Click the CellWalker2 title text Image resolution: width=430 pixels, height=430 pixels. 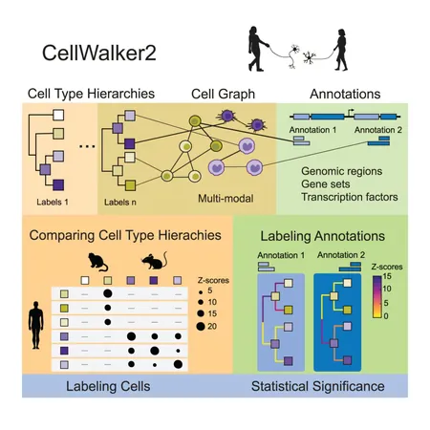tap(99, 53)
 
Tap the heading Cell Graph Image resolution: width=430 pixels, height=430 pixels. tap(223, 95)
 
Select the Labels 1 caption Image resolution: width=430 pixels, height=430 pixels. tap(53, 202)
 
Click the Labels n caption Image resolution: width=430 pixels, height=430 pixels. tap(120, 203)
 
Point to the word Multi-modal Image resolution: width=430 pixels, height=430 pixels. tap(226, 199)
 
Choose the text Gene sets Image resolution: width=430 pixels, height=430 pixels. tap(326, 184)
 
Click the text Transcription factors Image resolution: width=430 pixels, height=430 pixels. tap(350, 197)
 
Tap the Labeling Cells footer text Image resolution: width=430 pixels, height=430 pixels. tap(108, 386)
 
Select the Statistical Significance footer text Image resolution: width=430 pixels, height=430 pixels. tap(317, 386)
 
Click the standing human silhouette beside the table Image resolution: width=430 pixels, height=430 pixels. tap(35, 325)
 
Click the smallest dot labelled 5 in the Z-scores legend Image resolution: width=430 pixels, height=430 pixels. tap(201, 292)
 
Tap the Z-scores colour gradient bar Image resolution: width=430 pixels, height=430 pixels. tap(377, 297)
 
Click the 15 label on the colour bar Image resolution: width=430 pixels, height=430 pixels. tap(387, 276)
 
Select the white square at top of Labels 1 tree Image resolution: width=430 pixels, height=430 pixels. tap(58, 115)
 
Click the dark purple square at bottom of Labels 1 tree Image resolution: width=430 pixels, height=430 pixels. tap(58, 184)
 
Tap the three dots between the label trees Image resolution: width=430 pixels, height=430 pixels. tap(87, 146)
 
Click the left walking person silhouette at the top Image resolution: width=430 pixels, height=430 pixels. tap(257, 49)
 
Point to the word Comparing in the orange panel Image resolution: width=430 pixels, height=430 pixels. tap(62, 236)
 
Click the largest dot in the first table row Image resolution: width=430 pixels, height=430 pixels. tap(108, 293)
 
